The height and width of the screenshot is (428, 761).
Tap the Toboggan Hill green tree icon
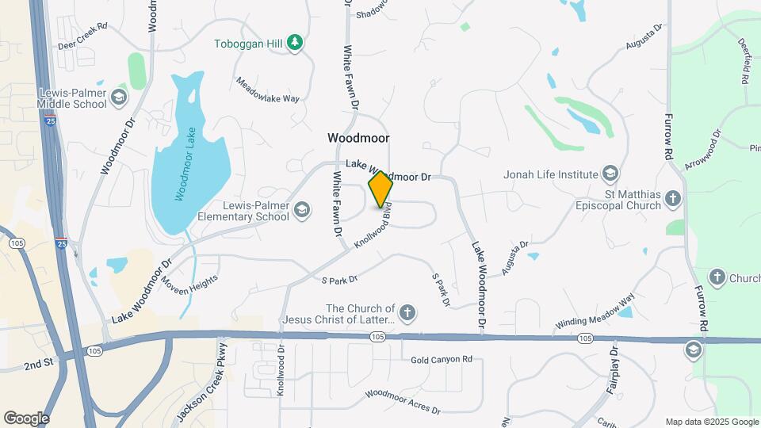tap(296, 42)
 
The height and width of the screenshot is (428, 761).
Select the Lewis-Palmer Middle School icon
tap(119, 97)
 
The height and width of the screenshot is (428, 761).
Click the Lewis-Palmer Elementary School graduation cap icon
tap(301, 210)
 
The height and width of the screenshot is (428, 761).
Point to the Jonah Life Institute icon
tap(610, 174)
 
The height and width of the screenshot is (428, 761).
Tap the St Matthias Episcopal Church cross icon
tap(673, 198)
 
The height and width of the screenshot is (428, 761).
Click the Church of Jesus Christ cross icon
tap(407, 313)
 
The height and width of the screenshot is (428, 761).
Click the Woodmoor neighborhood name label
tap(358, 138)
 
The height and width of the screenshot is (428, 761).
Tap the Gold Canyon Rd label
tap(442, 360)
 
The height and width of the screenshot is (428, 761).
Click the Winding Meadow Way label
tap(595, 312)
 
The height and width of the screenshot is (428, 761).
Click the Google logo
tap(25, 418)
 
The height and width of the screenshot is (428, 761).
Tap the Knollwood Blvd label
tap(373, 229)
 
